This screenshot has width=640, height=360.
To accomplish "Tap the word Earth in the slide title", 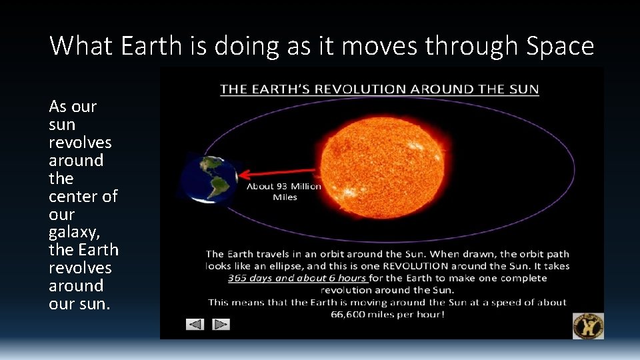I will (143, 46).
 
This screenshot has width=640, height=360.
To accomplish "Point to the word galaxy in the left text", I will (73, 233).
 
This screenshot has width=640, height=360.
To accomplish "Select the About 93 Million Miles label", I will (284, 191).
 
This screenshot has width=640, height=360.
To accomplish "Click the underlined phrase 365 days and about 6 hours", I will (297, 278).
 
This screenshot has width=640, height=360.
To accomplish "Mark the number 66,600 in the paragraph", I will (349, 314).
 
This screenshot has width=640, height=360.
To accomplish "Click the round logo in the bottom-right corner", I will (588, 325).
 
